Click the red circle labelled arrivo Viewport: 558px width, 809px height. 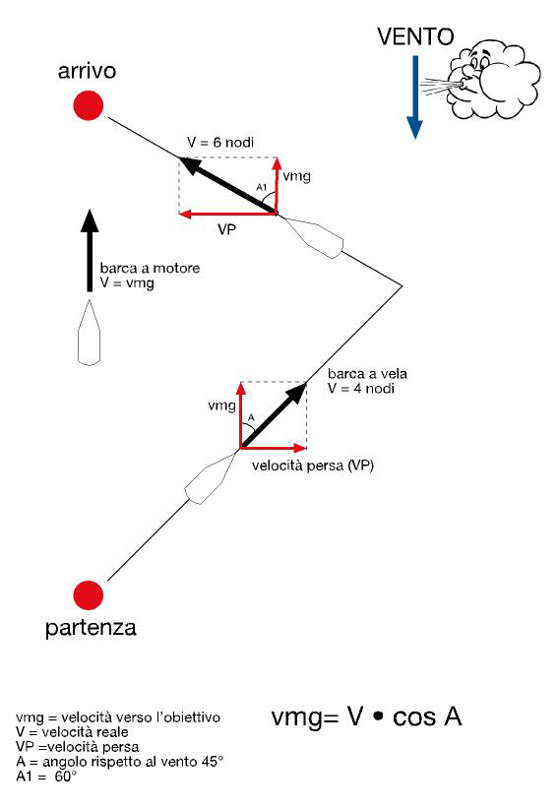[89, 105]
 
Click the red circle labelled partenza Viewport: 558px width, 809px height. [89, 594]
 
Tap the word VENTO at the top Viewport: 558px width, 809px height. [415, 36]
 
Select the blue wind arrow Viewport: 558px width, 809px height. [414, 97]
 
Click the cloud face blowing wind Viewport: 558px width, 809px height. [493, 79]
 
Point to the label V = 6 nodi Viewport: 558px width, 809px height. [220, 143]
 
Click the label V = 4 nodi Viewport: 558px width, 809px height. [361, 389]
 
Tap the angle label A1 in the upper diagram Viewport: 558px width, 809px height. [262, 187]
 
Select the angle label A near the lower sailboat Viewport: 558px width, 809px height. [251, 417]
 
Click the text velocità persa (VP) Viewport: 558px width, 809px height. [313, 466]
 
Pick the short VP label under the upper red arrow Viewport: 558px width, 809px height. [226, 229]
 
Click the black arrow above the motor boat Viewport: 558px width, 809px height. [90, 251]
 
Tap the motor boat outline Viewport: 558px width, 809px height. [89, 333]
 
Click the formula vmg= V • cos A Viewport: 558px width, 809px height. [366, 716]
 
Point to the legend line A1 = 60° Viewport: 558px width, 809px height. [46, 777]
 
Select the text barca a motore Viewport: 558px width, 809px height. [150, 269]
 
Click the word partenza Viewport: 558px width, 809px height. [91, 629]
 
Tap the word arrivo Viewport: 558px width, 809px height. [87, 71]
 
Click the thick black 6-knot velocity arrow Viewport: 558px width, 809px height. [227, 185]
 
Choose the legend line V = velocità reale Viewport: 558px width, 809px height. [72, 732]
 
